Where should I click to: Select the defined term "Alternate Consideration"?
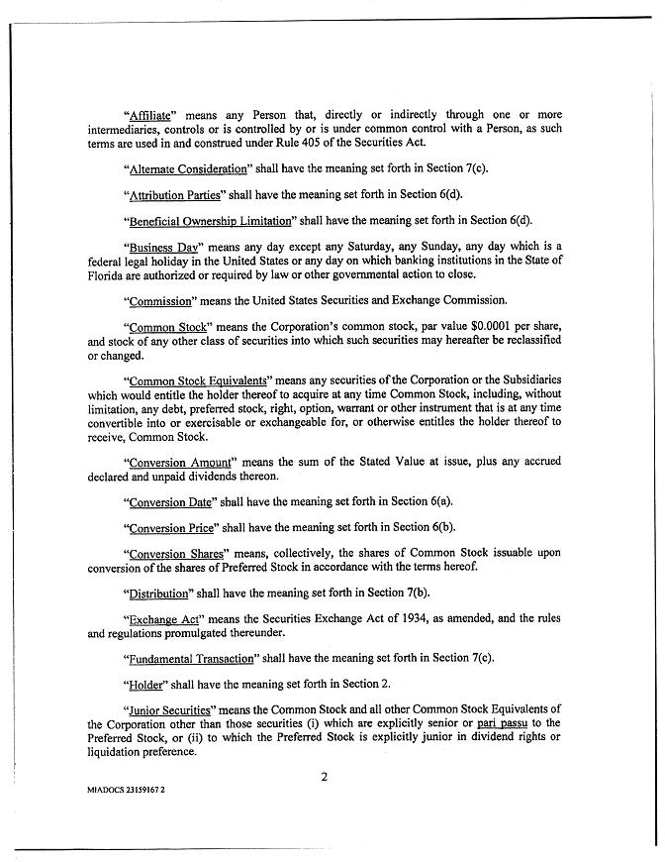tap(188, 168)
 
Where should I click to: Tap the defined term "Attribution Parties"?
tap(174, 195)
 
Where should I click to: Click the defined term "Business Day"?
tap(158, 247)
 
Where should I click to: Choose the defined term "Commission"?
tap(161, 299)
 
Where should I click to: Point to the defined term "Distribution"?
tap(159, 593)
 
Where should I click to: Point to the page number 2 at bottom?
tap(324, 776)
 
